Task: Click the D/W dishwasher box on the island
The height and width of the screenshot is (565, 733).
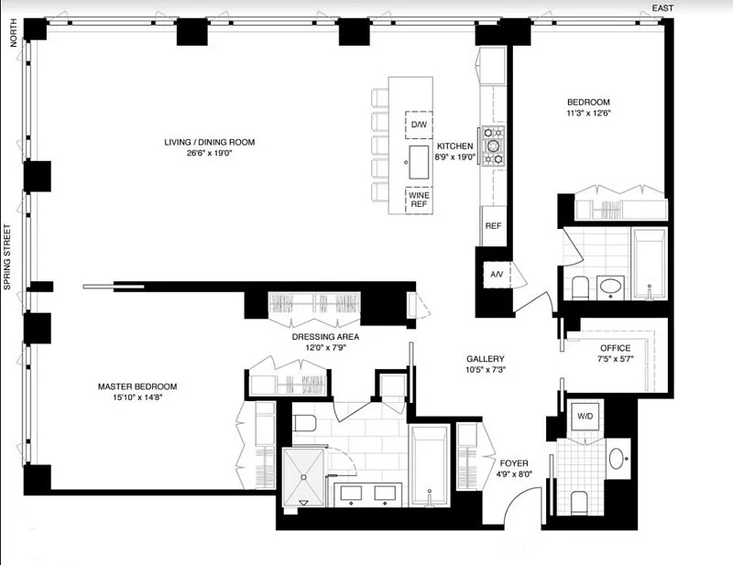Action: tap(419, 125)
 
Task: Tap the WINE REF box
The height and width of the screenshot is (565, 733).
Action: tap(419, 200)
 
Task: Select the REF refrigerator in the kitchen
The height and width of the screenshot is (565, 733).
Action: tap(494, 225)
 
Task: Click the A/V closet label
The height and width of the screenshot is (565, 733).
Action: tap(497, 275)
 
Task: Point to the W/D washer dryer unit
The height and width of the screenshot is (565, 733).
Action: tap(585, 416)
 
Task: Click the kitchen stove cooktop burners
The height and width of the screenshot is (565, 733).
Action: tap(494, 146)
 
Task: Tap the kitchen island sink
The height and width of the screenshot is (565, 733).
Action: tap(419, 162)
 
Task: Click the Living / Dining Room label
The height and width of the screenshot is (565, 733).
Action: tap(210, 142)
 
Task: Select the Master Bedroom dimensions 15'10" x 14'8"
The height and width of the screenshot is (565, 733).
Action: tap(137, 397)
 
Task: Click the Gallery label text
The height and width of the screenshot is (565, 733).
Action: tap(486, 358)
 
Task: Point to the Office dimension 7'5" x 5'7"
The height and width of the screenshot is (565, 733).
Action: tap(616, 359)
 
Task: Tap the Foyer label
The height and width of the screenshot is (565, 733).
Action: tap(514, 463)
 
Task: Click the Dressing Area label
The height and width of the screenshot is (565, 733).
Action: tap(325, 336)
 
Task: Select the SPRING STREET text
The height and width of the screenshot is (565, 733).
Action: tap(7, 257)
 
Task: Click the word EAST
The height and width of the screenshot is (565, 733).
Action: tap(662, 8)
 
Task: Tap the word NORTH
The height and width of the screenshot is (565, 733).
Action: tap(13, 33)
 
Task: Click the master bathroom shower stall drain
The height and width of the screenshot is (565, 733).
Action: tap(303, 477)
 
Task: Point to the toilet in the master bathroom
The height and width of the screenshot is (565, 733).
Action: tap(305, 423)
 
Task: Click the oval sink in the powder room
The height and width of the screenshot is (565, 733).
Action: tap(617, 459)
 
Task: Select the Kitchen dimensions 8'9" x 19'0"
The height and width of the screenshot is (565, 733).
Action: tap(454, 158)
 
